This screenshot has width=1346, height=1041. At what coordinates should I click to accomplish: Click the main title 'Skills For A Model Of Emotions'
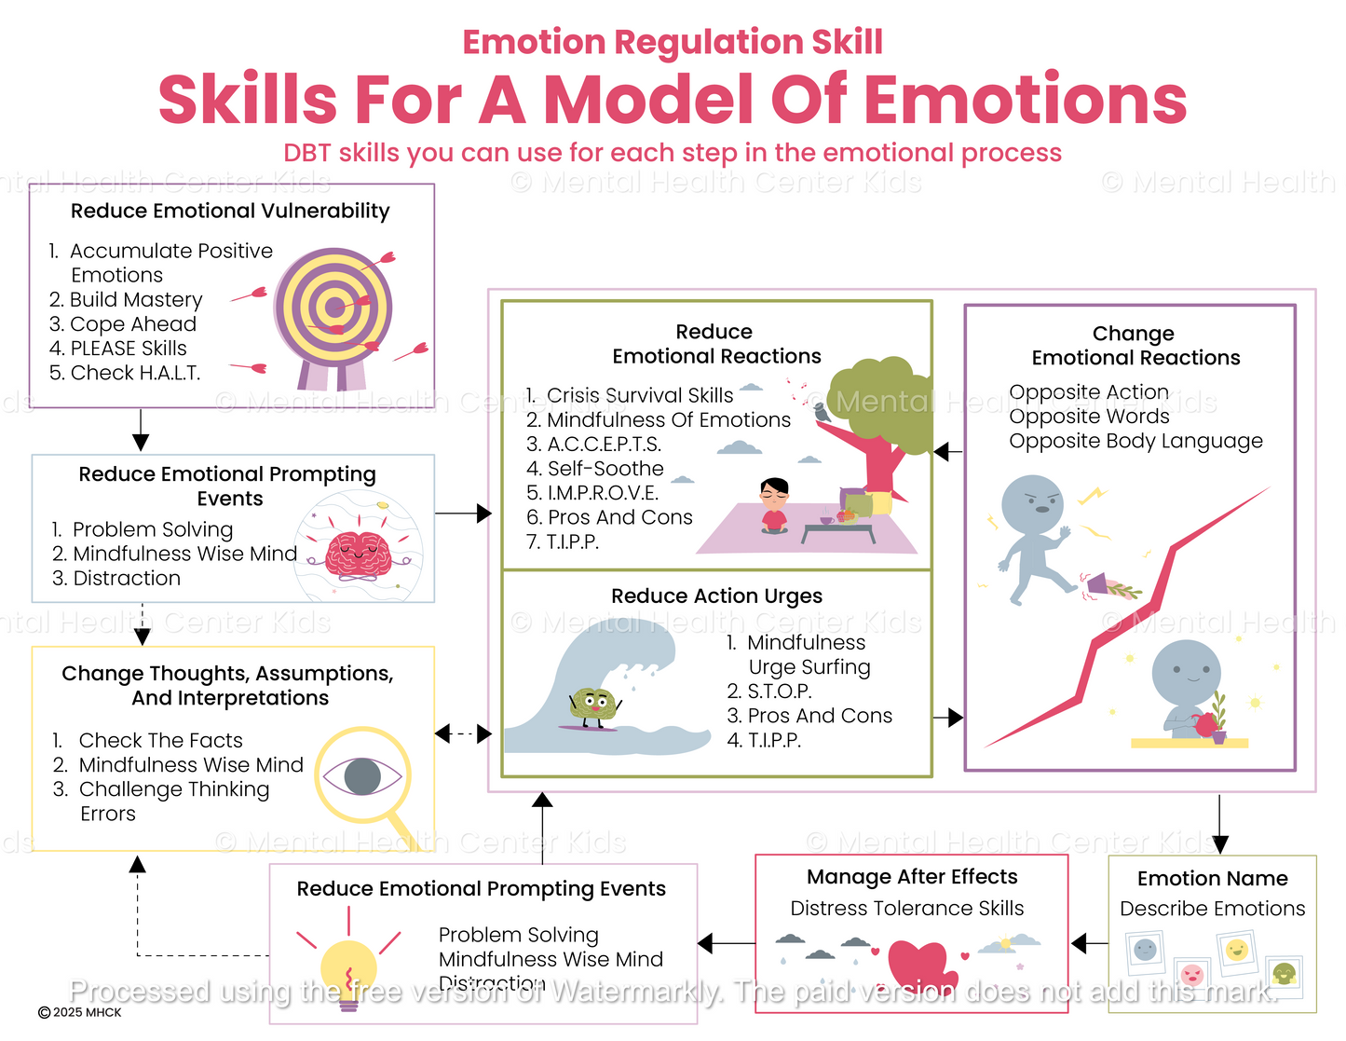(673, 100)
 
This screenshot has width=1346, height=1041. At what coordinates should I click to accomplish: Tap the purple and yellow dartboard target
(333, 308)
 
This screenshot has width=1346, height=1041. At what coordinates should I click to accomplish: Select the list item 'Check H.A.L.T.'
(125, 373)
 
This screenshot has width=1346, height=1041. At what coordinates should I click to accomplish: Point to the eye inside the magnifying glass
(362, 775)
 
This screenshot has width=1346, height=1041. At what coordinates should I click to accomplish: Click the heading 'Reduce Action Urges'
(716, 596)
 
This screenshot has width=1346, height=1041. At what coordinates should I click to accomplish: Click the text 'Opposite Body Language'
(1135, 441)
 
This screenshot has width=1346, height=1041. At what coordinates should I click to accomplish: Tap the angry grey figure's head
(1032, 503)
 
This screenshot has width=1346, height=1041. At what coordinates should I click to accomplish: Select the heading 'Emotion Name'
(1212, 879)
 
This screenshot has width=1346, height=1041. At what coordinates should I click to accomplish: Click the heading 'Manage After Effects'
(911, 877)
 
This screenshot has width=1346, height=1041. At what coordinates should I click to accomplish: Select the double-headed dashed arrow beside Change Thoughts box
(463, 734)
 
